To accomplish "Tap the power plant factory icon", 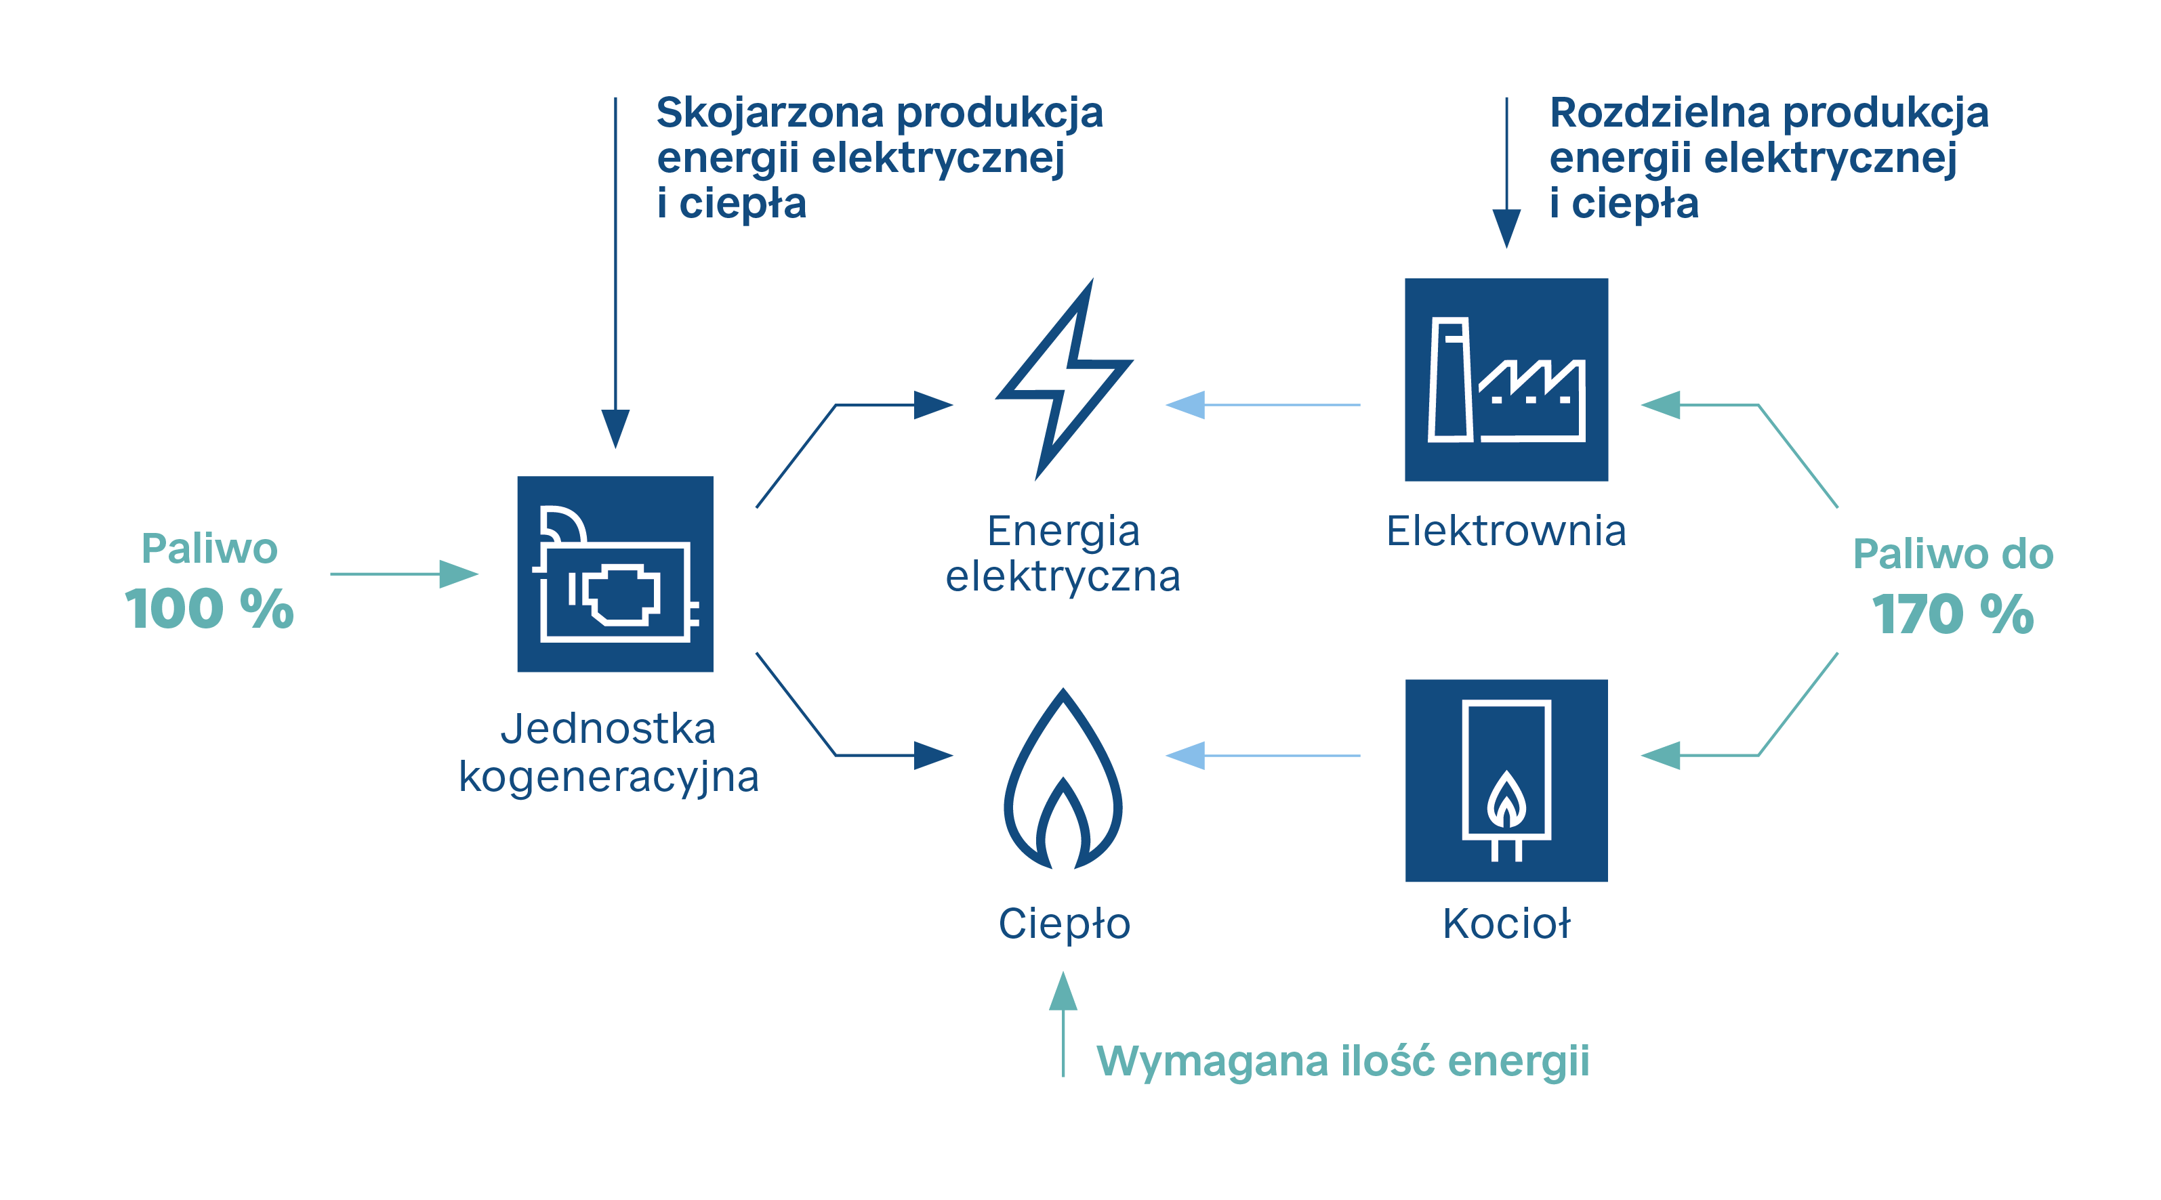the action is [1506, 379].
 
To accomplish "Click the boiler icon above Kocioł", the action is [1506, 780].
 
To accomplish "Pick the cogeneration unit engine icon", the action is [615, 574].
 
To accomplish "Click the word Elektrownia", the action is [1506, 531].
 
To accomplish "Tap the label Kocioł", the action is [1506, 923].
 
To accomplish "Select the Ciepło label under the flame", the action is [1064, 923].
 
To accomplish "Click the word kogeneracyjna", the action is [609, 777].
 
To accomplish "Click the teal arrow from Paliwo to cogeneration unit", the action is [403, 574].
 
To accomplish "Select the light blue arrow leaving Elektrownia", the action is [1262, 405].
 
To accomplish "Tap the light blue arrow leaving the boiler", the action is [1262, 756].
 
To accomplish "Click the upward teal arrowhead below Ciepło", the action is [1063, 991].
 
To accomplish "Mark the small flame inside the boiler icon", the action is [1506, 798].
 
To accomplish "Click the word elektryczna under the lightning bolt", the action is [1063, 577].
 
